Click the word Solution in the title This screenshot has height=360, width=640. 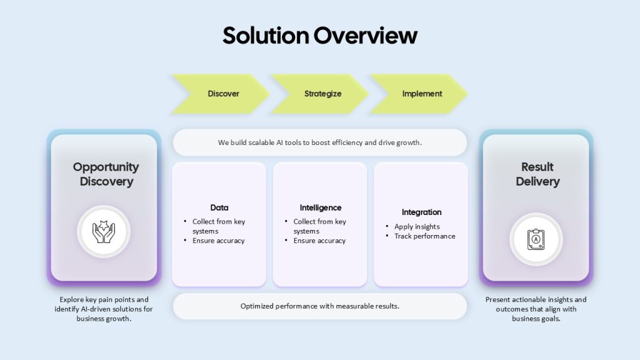(266, 36)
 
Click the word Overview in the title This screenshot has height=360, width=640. (366, 36)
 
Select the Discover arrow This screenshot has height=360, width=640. (221, 94)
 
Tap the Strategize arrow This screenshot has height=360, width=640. (319, 94)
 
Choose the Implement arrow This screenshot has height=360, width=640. (419, 94)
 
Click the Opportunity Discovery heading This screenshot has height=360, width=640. (106, 174)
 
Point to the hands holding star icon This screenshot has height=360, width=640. (104, 232)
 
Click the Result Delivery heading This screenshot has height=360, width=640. (537, 174)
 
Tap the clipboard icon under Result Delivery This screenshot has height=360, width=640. (536, 239)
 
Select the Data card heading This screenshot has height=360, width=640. (219, 207)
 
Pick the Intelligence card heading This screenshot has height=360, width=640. (321, 207)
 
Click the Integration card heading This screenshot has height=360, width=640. (422, 212)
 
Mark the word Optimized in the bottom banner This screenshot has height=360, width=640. (257, 306)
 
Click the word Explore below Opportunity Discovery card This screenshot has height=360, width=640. (71, 299)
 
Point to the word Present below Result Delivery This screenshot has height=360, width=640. (497, 299)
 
